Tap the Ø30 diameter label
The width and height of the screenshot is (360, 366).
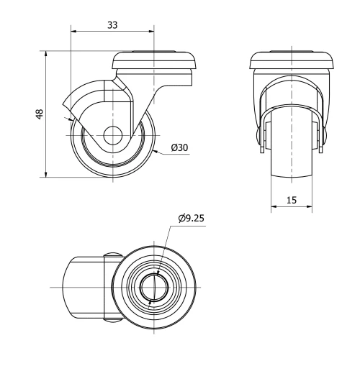tap(179, 147)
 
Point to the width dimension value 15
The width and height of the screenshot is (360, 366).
tap(292, 201)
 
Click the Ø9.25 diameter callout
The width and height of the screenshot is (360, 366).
tap(189, 219)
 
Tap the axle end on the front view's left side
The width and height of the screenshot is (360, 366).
tap(259, 136)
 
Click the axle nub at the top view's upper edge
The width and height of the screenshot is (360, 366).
tap(112, 255)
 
